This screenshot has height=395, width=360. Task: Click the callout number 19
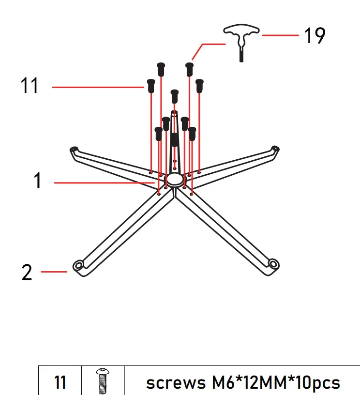click(x=315, y=36)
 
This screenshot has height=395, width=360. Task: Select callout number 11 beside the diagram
click(x=30, y=87)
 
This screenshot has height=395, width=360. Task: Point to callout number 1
click(x=38, y=182)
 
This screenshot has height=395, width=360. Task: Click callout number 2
click(x=27, y=273)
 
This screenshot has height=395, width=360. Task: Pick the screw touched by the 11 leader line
click(x=151, y=86)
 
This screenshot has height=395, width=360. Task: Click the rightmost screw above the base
click(x=199, y=86)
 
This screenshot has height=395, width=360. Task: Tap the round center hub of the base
click(x=174, y=181)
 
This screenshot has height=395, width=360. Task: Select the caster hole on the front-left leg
click(x=78, y=265)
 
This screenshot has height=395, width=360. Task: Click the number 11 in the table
click(x=60, y=382)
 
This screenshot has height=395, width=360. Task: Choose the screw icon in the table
click(x=102, y=381)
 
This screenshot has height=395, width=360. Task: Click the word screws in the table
click(x=175, y=383)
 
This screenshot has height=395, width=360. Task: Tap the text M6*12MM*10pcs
click(x=276, y=382)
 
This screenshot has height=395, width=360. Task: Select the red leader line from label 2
click(x=54, y=272)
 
